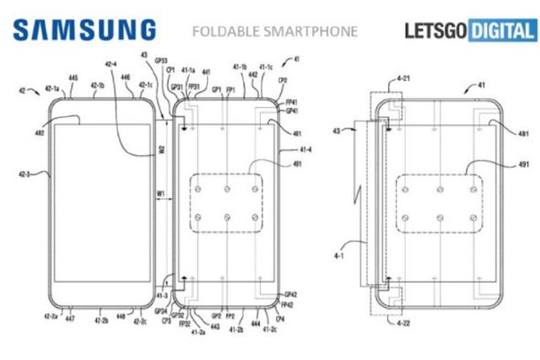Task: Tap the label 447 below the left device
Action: pyautogui.click(x=69, y=320)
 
